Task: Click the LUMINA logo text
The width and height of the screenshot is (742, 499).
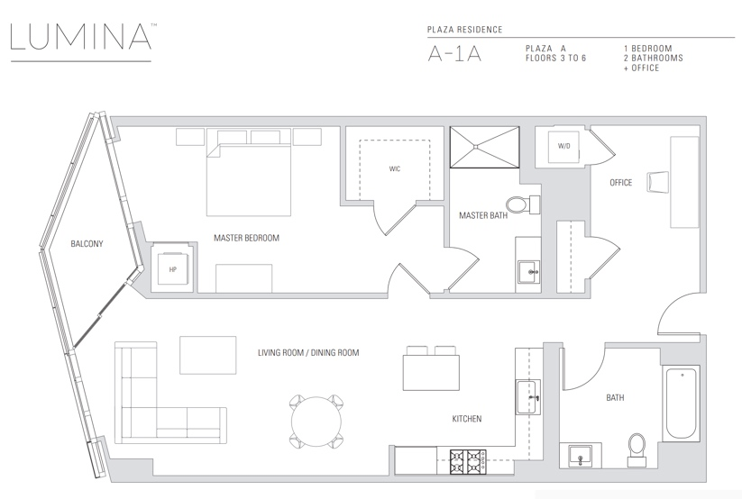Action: tap(80, 36)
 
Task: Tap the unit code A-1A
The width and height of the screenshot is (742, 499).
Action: tap(454, 54)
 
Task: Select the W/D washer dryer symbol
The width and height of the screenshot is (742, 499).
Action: tap(563, 146)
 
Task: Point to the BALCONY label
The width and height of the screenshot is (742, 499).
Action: tap(87, 243)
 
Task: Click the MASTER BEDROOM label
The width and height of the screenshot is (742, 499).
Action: tap(246, 238)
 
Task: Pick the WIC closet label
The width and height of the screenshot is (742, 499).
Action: tap(395, 168)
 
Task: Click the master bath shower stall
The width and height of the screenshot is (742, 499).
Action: tap(484, 147)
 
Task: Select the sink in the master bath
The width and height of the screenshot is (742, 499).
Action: tap(528, 272)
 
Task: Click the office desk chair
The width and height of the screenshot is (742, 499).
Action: tap(658, 182)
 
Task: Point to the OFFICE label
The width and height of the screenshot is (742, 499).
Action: tap(621, 183)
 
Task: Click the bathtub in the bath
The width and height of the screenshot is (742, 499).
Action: tap(681, 404)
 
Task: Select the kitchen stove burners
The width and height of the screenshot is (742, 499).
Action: tap(467, 462)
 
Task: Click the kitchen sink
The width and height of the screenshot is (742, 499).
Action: tap(528, 397)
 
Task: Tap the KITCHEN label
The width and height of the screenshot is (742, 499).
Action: tap(467, 419)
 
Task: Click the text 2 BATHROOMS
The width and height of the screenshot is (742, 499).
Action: tap(653, 59)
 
